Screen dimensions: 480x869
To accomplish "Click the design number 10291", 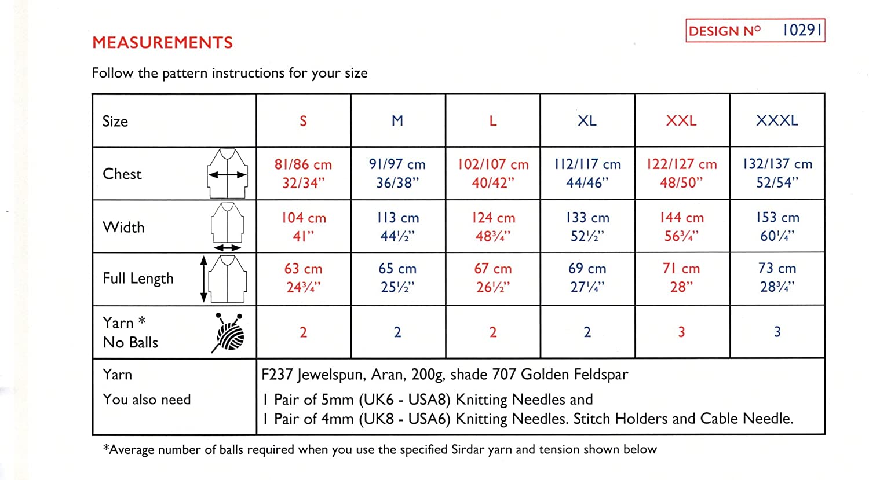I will (x=802, y=30).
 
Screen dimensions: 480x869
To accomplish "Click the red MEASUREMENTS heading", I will (x=162, y=42).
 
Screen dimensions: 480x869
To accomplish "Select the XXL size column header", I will (x=681, y=120).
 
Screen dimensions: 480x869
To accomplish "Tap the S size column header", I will (x=303, y=120).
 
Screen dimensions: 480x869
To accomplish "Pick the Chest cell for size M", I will (x=397, y=173).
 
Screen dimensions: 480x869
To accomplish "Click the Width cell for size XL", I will (x=587, y=226).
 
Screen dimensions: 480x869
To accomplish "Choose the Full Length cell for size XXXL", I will (x=777, y=277).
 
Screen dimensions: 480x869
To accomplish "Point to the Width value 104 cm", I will (x=304, y=218).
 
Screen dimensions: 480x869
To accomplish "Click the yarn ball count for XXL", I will (x=681, y=332).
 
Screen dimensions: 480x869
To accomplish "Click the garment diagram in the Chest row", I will (x=228, y=173).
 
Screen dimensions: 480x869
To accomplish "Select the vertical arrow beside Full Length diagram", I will (x=203, y=279).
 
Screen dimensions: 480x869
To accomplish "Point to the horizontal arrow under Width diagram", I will (x=227, y=248).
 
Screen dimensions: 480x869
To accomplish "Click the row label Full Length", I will (x=138, y=279).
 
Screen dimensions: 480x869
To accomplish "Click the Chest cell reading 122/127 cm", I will (x=681, y=164).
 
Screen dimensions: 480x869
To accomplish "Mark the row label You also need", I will (x=147, y=400).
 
